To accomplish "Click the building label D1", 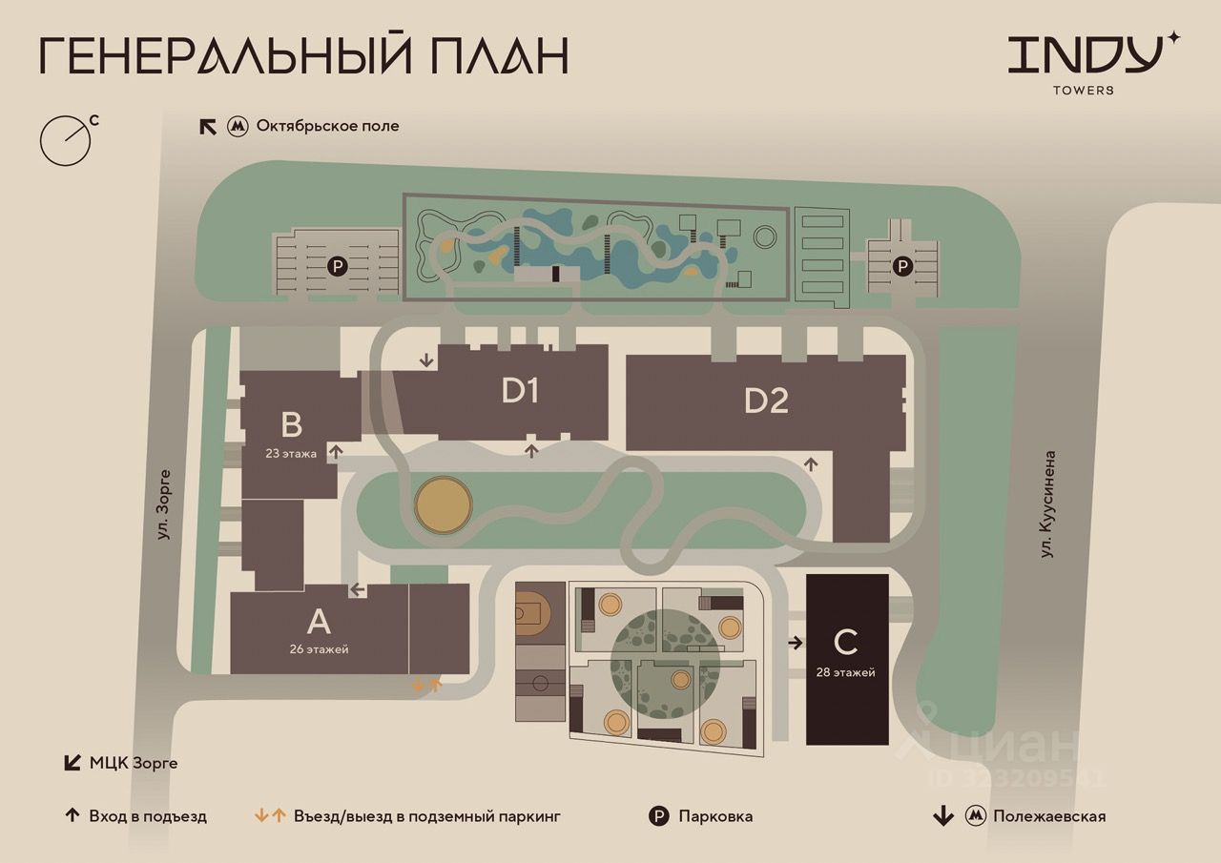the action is click(x=521, y=391).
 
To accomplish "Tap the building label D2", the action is click(x=766, y=401).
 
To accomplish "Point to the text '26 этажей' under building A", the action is click(x=319, y=649).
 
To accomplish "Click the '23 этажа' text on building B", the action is click(x=291, y=453).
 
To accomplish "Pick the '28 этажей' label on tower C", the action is click(x=845, y=672).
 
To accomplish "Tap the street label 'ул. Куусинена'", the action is click(x=1047, y=504).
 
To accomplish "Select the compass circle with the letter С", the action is click(x=66, y=140).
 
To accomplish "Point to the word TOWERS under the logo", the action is click(x=1083, y=91).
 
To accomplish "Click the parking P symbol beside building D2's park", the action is click(x=902, y=266).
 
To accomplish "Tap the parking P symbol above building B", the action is click(x=338, y=267).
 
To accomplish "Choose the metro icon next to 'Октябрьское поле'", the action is click(x=238, y=127).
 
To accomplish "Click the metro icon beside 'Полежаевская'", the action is click(x=976, y=816).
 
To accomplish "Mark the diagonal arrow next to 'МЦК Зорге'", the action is click(x=72, y=762).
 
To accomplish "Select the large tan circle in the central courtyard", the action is click(x=444, y=505).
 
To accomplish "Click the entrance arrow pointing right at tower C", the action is click(x=796, y=643).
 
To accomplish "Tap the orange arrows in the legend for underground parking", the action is click(x=270, y=815).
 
